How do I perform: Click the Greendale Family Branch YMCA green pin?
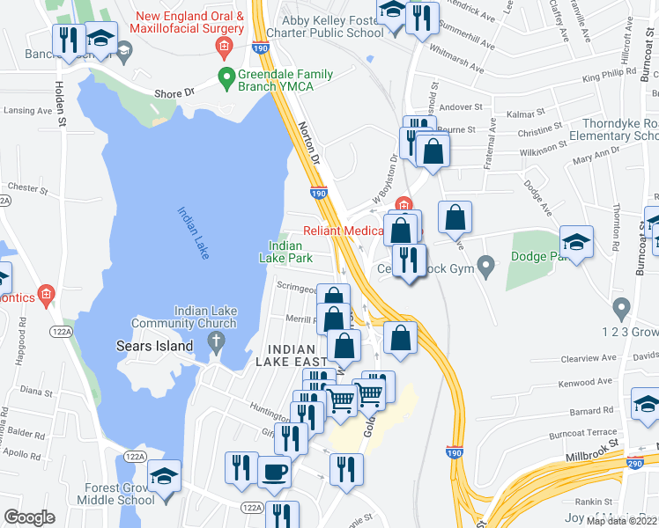pyautogui.click(x=226, y=77)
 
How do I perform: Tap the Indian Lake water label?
pyautogui.click(x=193, y=232)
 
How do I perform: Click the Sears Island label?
pyautogui.click(x=154, y=346)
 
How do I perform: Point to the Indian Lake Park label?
pyautogui.click(x=286, y=253)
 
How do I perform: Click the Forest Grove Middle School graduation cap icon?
pyautogui.click(x=164, y=476)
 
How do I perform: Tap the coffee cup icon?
pyautogui.click(x=274, y=472)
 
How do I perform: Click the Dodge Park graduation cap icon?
pyautogui.click(x=576, y=242)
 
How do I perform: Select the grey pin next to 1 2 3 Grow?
pyautogui.click(x=622, y=309)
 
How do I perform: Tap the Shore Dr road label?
pyautogui.click(x=174, y=92)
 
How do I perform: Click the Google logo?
pyautogui.click(x=30, y=517)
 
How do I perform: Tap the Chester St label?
pyautogui.click(x=26, y=187)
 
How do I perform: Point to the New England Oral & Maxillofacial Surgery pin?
pyautogui.click(x=225, y=46)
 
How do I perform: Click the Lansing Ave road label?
pyautogui.click(x=27, y=111)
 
